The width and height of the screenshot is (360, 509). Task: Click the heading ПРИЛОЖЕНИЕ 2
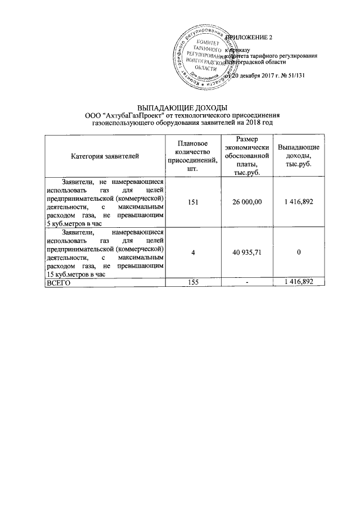(x=249, y=38)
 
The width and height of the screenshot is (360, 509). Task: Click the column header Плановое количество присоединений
(x=193, y=156)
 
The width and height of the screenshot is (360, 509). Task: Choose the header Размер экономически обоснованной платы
(x=246, y=156)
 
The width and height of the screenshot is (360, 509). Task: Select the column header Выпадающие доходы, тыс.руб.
(x=299, y=156)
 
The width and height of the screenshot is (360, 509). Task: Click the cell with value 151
(x=193, y=201)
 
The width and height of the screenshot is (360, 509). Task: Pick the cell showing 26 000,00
(x=246, y=201)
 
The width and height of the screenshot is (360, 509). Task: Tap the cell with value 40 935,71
(x=246, y=253)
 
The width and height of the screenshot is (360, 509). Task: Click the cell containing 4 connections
(x=193, y=253)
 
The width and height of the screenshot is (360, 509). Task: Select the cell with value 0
(x=299, y=253)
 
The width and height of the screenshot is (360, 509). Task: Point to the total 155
(x=193, y=282)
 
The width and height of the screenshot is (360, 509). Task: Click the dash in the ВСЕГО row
(x=246, y=282)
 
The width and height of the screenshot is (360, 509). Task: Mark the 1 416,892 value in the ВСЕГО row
(x=299, y=282)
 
